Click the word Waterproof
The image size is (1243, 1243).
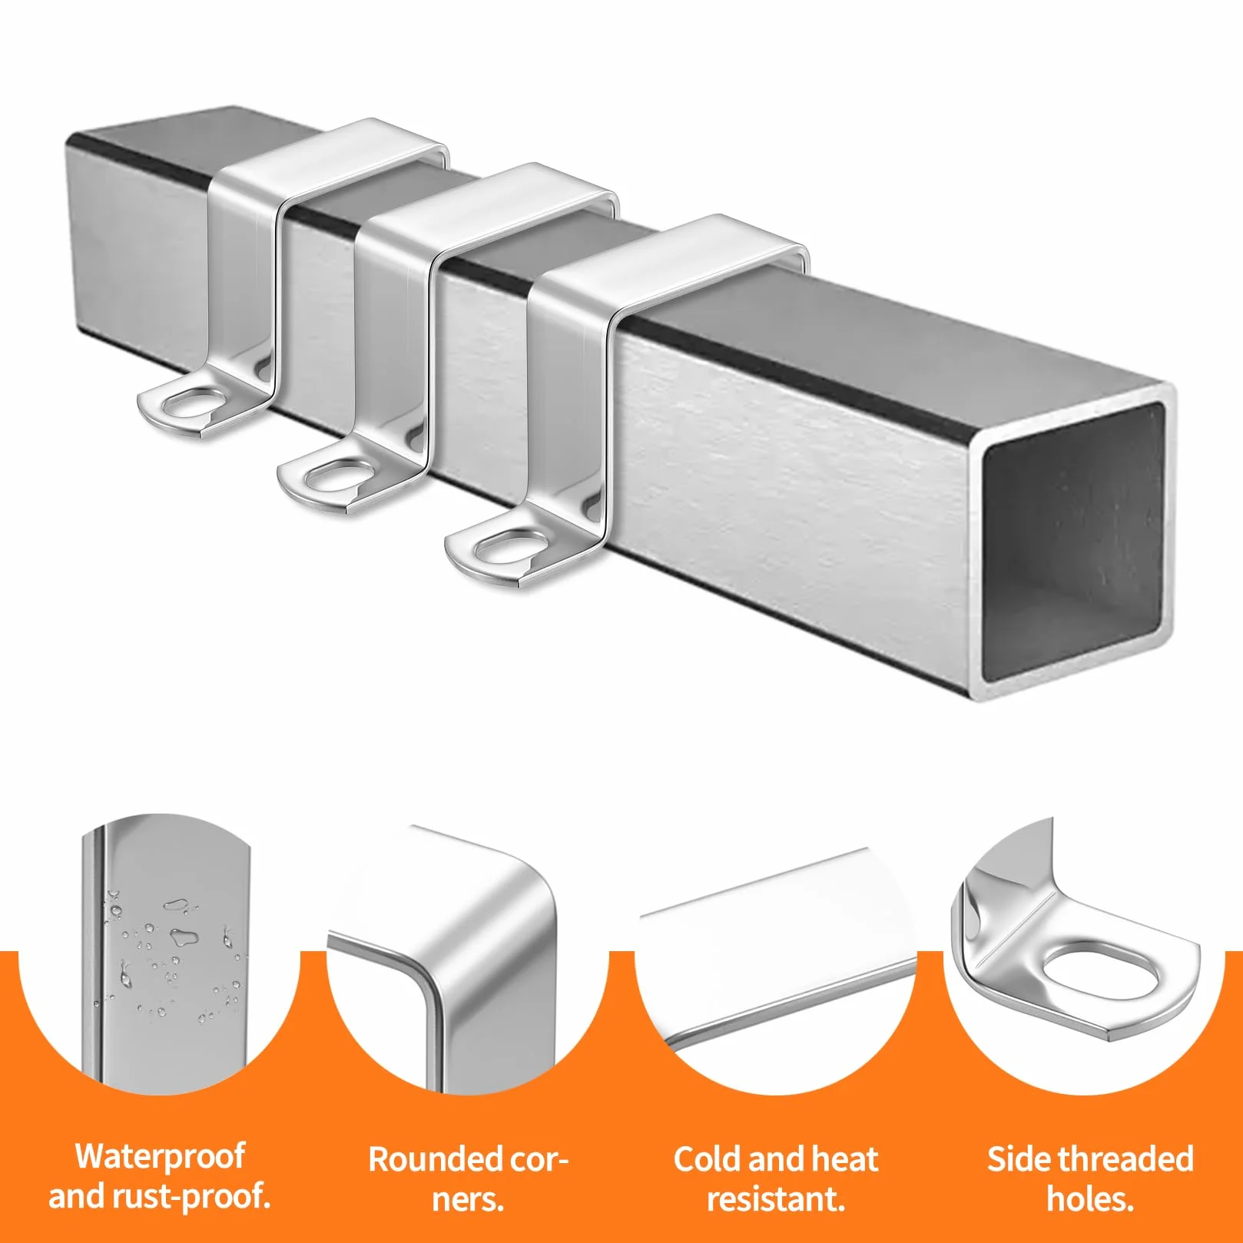click(x=160, y=1156)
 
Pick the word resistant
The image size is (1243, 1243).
click(x=776, y=1199)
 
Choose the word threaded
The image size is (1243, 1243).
click(x=1125, y=1159)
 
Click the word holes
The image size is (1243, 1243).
click(x=1090, y=1199)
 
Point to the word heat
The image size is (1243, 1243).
click(x=844, y=1159)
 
